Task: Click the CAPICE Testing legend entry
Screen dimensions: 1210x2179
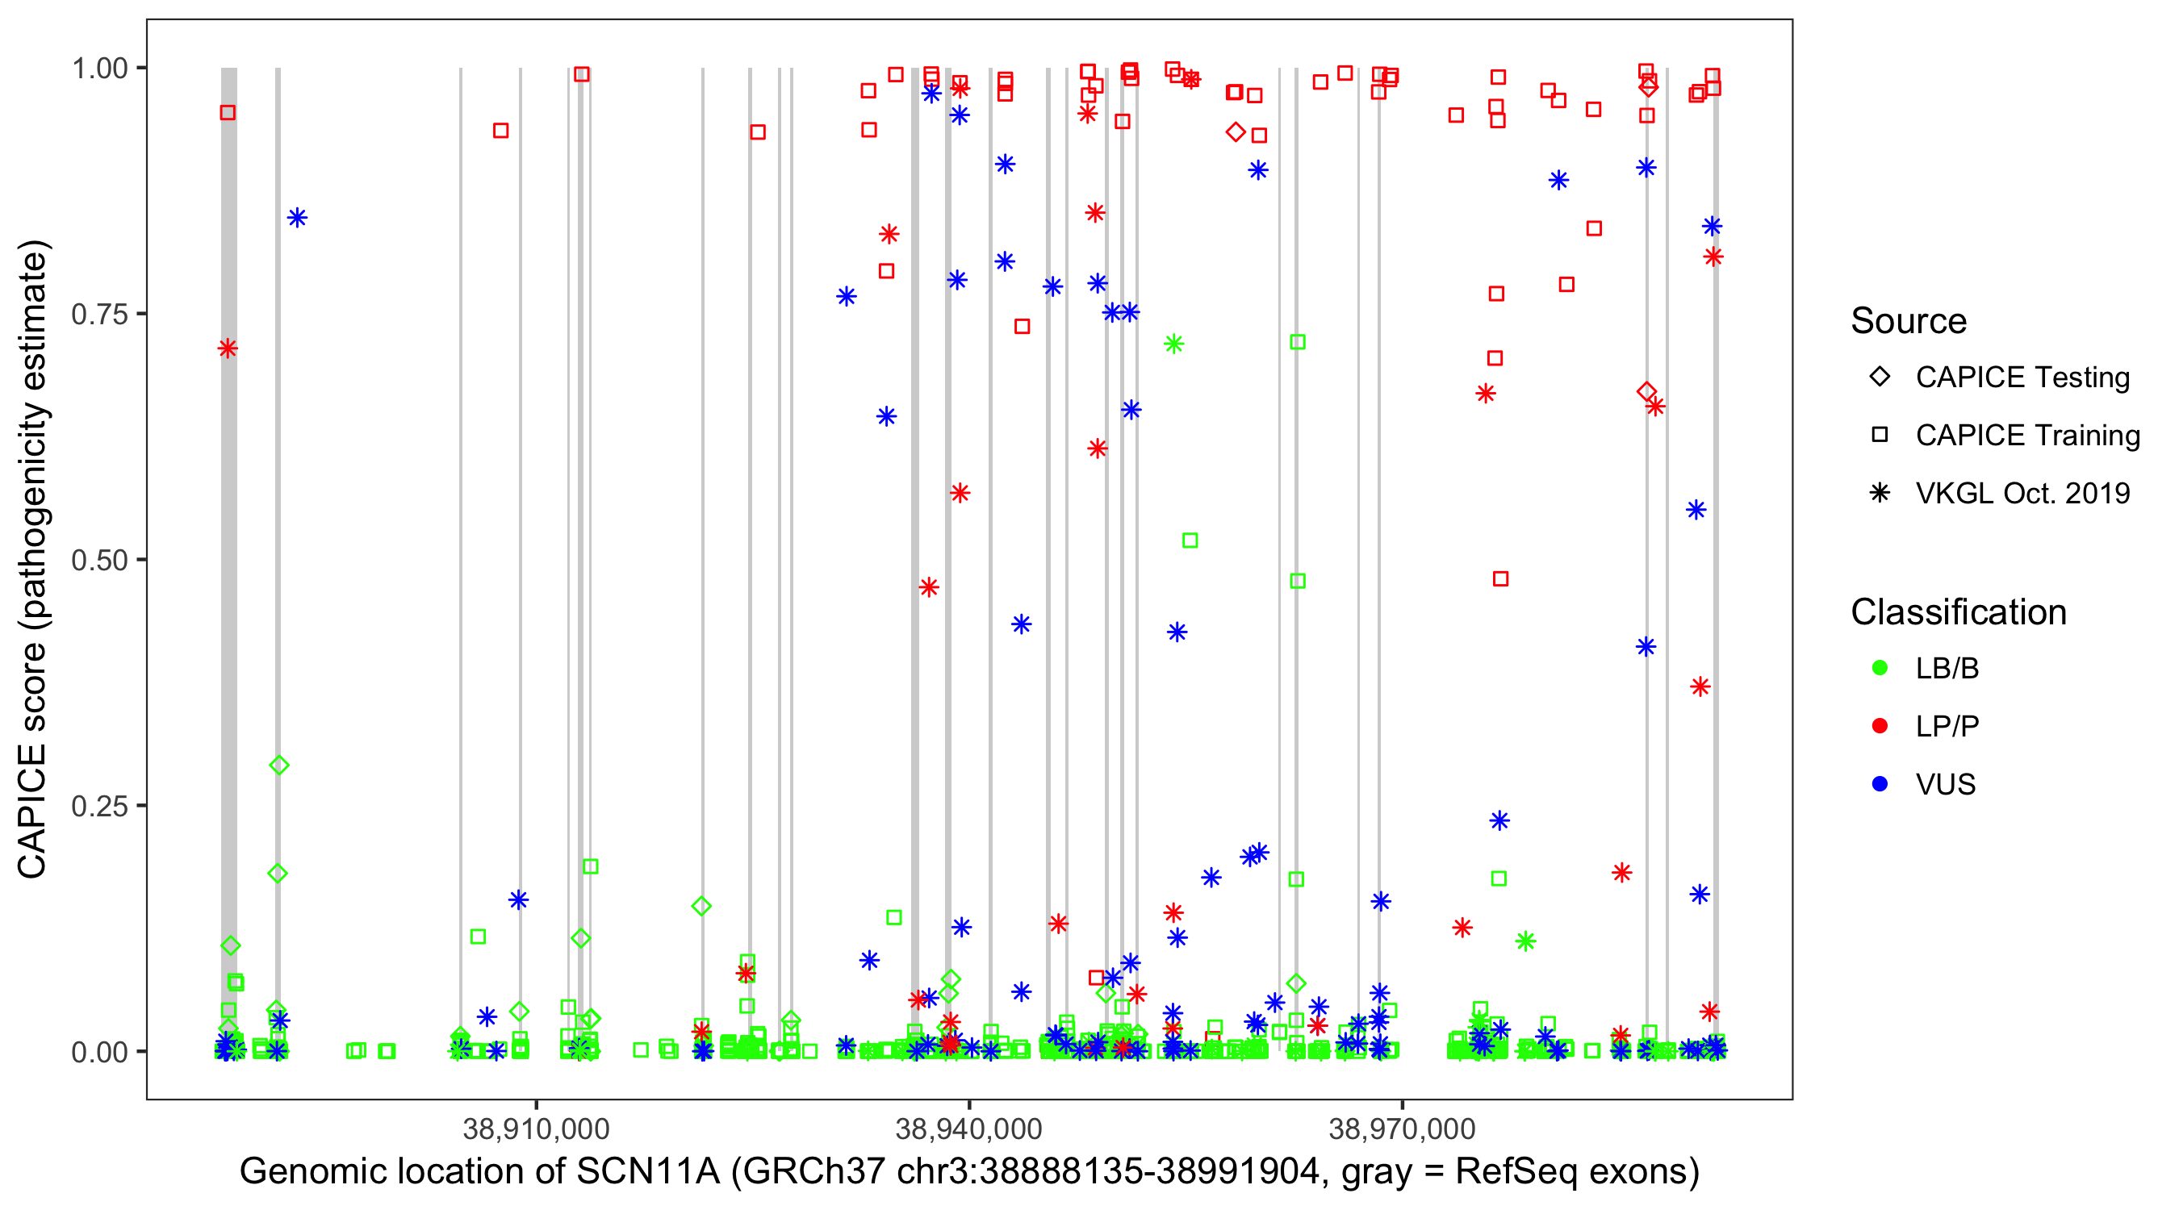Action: (2022, 378)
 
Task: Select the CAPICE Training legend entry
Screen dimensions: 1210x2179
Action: (2026, 436)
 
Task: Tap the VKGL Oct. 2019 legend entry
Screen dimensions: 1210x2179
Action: (2022, 493)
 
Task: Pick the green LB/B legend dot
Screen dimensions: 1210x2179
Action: (1880, 668)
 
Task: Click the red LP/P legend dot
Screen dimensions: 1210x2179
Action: (1880, 726)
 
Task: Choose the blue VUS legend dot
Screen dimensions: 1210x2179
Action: (1880, 784)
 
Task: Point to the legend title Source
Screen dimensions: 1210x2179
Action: (1909, 321)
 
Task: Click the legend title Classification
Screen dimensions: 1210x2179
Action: (1958, 612)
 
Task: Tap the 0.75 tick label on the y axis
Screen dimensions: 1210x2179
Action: (99, 315)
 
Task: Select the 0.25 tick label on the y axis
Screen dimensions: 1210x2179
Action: (99, 806)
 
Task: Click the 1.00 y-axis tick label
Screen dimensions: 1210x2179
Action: (99, 69)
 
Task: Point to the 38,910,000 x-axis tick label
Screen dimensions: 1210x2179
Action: (537, 1129)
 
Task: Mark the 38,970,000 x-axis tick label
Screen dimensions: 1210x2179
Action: (1403, 1129)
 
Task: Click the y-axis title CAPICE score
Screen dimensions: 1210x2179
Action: (34, 559)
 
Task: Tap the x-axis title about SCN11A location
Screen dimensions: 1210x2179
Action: (969, 1172)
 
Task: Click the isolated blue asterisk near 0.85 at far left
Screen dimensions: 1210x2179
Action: (297, 218)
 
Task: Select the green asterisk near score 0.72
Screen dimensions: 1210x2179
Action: (1174, 344)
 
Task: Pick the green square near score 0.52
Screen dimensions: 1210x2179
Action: (1190, 540)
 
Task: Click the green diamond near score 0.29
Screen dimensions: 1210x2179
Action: (279, 766)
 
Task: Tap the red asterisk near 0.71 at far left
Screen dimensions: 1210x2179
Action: (228, 348)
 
